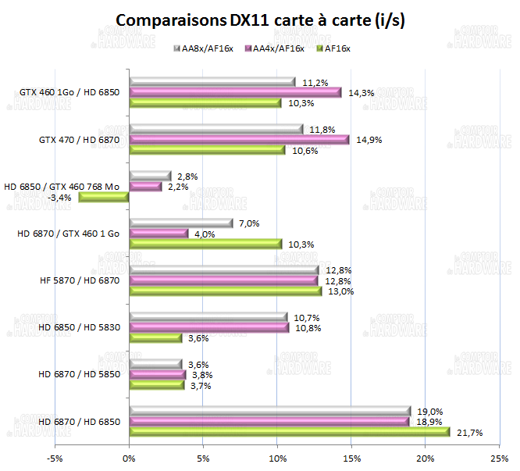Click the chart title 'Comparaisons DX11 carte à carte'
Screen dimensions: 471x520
point(260,21)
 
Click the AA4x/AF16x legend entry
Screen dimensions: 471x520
point(272,48)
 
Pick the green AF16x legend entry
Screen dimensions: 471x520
point(335,48)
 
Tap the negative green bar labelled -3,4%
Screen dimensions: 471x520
point(104,198)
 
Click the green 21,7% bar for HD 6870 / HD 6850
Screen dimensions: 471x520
point(290,432)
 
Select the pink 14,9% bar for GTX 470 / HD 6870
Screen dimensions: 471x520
point(239,140)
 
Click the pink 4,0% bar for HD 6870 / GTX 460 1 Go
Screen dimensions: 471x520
point(158,234)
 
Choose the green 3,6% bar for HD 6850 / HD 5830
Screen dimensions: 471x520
point(155,338)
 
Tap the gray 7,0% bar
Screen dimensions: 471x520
point(180,223)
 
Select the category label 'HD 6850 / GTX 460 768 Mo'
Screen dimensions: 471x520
point(62,187)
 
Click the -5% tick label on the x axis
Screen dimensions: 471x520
point(55,459)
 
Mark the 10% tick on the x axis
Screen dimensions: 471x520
point(277,459)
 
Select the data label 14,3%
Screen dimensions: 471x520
point(362,92)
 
